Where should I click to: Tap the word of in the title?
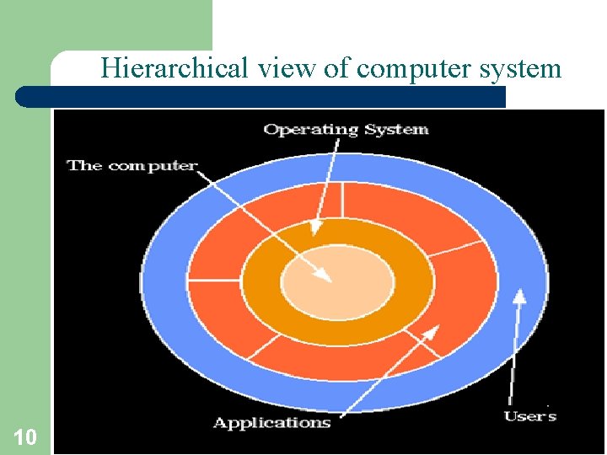pos(337,67)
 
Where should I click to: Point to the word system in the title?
pos(519,67)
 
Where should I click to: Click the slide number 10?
pos(25,436)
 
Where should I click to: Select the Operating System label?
pos(346,129)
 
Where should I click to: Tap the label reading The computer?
pos(132,165)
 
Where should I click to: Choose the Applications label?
pos(271,422)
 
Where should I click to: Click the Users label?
pos(530,415)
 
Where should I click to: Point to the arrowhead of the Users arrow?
pos(520,295)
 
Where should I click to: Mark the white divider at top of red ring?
pos(341,199)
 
